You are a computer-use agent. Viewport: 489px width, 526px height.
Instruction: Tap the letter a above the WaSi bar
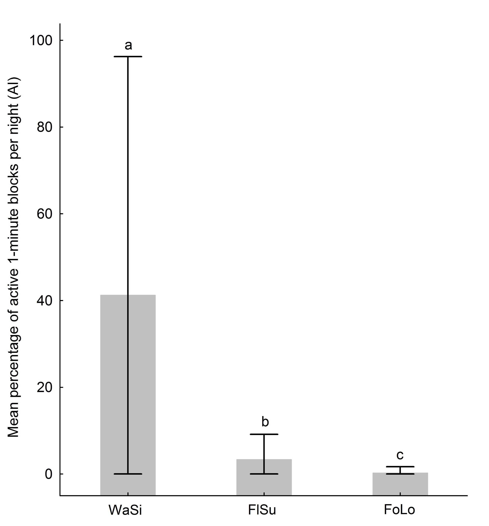(x=128, y=45)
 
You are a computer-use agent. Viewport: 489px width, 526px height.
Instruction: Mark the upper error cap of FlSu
(x=264, y=434)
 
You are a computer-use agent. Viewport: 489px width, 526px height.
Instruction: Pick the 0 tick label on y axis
(x=50, y=474)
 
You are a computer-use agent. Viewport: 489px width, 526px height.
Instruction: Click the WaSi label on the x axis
(x=125, y=510)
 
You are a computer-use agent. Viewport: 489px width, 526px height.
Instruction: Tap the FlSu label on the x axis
(x=262, y=510)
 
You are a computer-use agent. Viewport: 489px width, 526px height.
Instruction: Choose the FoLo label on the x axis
(x=399, y=510)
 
